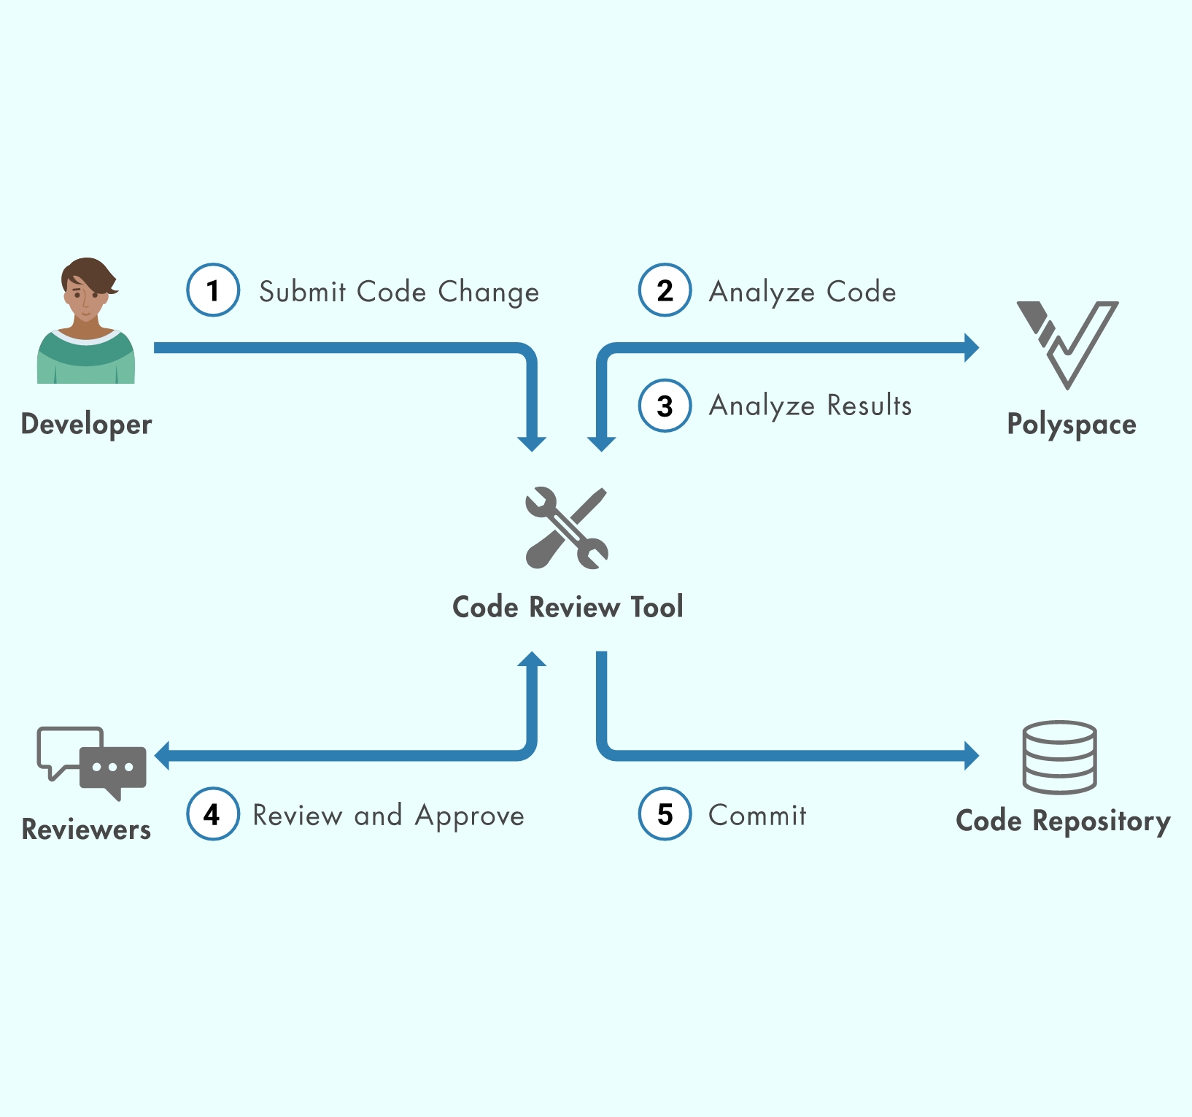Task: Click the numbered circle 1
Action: (213, 290)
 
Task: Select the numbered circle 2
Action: (665, 290)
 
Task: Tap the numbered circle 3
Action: (665, 406)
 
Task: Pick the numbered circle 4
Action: (213, 814)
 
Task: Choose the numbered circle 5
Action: (665, 814)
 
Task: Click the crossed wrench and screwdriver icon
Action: (567, 528)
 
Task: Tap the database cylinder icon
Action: (1059, 757)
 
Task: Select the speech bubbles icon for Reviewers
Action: (92, 762)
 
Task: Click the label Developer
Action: (86, 425)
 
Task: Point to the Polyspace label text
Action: (1072, 425)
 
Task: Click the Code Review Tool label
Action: (568, 607)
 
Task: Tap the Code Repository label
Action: (1063, 822)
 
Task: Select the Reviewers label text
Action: (86, 830)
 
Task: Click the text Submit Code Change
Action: (399, 292)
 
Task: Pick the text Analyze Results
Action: (810, 406)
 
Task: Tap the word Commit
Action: (757, 816)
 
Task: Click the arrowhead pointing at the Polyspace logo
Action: (971, 348)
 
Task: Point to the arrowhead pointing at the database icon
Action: (971, 756)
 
